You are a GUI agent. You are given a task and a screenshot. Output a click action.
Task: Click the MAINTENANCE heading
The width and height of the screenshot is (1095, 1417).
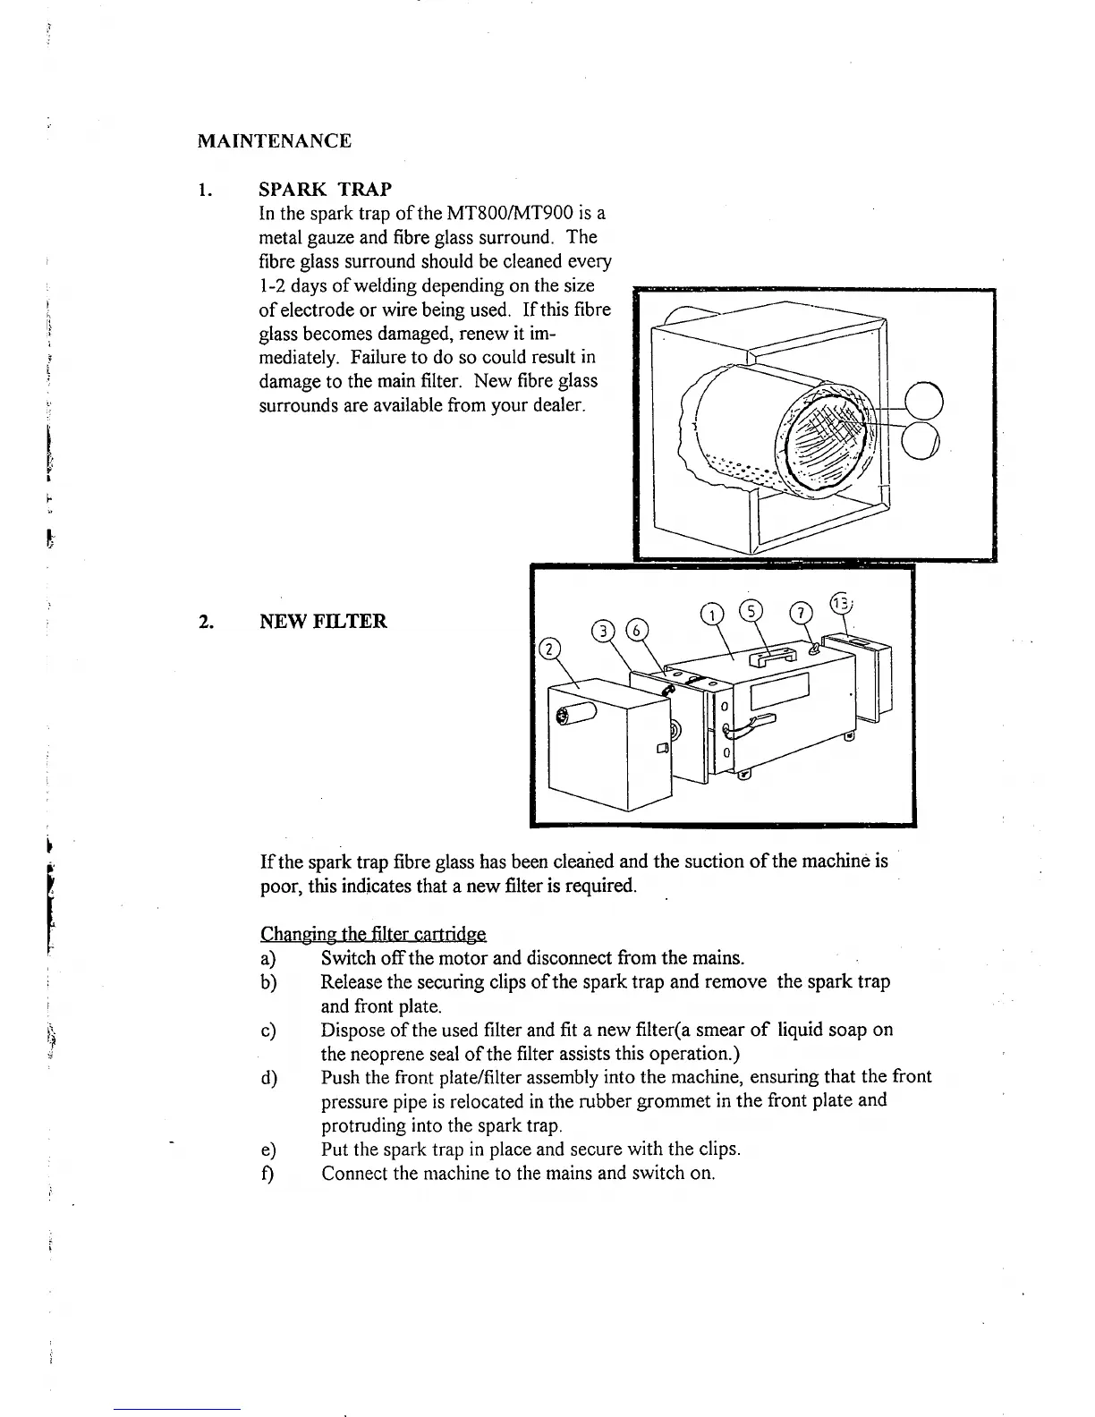point(274,141)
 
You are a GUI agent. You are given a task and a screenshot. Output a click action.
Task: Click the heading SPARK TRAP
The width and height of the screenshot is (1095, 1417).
point(324,190)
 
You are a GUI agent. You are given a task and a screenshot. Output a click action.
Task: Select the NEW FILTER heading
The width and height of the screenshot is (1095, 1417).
point(323,621)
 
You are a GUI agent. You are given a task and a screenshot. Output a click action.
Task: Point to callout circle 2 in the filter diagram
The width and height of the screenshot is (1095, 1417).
point(549,649)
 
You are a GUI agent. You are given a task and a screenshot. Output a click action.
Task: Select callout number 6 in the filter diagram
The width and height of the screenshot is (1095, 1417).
point(638,628)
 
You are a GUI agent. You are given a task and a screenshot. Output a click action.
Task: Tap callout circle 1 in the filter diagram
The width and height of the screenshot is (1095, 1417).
point(711,615)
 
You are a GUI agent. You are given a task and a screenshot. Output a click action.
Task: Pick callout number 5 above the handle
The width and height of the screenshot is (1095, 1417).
point(751,610)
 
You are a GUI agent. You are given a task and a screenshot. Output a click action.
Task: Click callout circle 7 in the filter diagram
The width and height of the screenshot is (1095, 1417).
point(802,613)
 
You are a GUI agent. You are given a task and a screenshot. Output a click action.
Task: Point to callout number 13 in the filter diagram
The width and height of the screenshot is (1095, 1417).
point(840,602)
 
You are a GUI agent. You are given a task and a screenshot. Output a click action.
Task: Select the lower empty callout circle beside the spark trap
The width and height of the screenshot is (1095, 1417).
point(924,441)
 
